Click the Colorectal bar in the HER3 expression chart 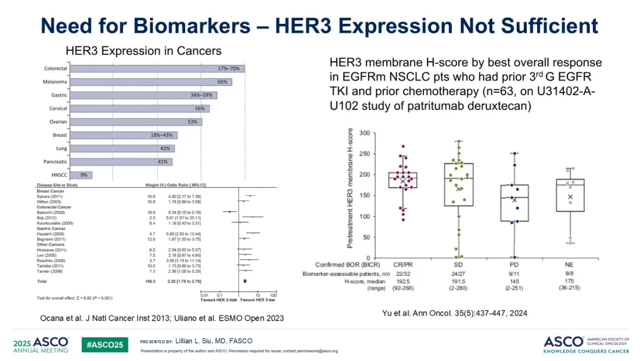(x=158, y=68)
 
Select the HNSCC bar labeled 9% (x=82, y=175)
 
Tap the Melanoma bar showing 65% (x=151, y=81)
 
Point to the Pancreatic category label (x=55, y=162)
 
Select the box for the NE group (x=570, y=195)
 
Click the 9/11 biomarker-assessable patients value (x=515, y=272)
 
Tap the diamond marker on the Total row (x=245, y=280)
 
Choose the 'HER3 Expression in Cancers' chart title (x=143, y=51)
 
